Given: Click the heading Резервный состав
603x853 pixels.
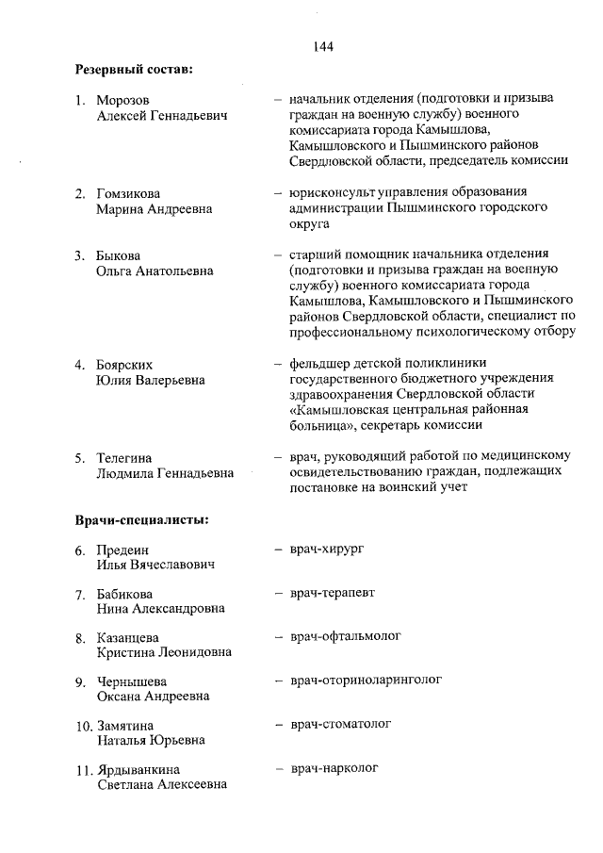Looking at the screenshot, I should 134,68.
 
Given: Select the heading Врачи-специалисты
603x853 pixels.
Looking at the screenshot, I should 141,518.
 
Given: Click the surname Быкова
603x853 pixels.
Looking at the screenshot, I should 118,255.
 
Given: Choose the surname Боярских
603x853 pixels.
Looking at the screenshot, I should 124,364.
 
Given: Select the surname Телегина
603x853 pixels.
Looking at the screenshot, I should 123,457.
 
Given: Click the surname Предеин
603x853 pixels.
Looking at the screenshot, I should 122,550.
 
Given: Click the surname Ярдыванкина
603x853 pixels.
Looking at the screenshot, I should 139,770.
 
